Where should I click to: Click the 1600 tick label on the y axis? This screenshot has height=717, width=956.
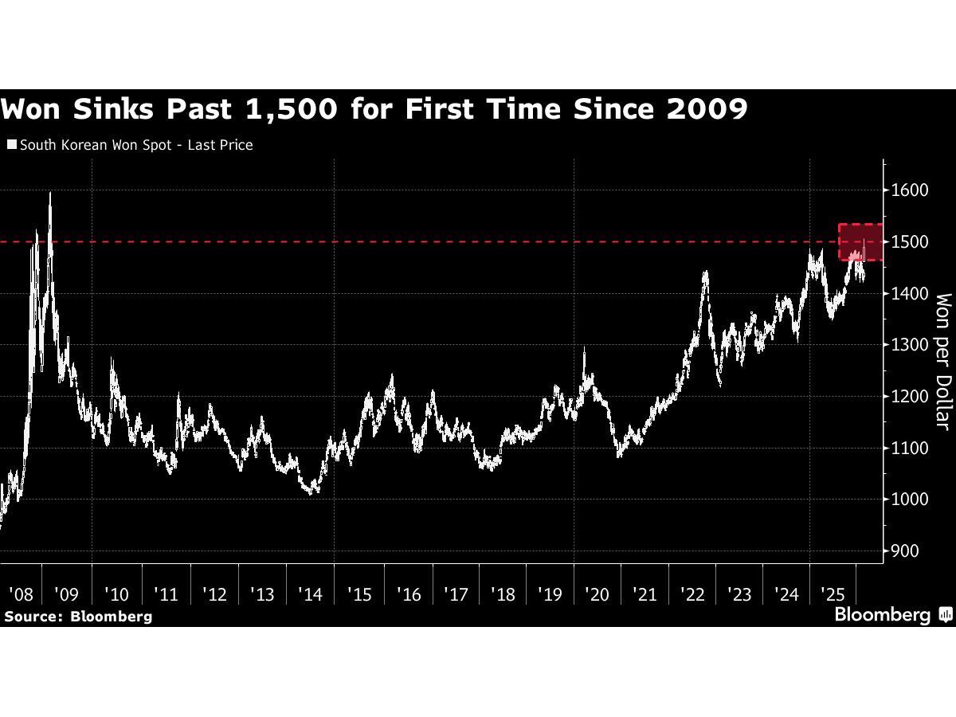910,190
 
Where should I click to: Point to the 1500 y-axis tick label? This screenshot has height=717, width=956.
910,241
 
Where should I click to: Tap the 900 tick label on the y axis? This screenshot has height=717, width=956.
907,551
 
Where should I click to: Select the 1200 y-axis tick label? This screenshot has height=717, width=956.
910,397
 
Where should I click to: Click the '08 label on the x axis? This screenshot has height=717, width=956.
21,594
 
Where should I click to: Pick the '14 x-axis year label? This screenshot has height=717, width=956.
310,594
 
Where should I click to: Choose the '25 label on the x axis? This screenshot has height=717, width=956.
833,594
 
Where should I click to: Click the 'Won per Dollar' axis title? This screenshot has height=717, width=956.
943,361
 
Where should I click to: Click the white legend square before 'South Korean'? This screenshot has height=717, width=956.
11,145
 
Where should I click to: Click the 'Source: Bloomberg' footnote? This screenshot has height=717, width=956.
78,616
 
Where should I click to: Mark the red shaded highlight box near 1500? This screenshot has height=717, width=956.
860,242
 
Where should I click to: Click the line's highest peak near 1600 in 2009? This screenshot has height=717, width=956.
51,192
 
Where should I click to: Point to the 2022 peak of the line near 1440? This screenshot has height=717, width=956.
705,272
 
